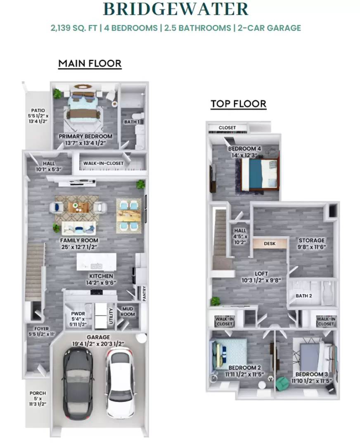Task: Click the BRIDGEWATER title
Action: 175,9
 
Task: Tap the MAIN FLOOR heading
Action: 90,64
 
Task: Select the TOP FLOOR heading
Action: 238,104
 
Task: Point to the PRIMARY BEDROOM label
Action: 85,137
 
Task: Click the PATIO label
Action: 38,111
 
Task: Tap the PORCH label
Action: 38,393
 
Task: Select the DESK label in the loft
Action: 270,244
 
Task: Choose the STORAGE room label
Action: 312,240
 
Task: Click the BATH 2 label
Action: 303,296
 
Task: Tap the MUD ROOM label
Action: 127,311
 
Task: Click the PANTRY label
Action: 144,294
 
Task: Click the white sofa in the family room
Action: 79,228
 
